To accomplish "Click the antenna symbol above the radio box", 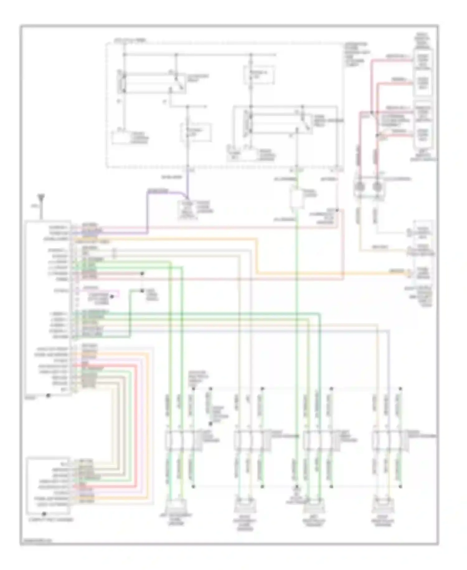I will coord(41,198).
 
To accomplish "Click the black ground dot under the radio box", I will coord(48,395).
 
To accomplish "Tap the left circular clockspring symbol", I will coord(360,186).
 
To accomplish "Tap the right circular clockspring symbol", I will coord(377,186).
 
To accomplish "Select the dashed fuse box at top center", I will coord(259,75).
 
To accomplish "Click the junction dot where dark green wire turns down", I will coord(142,291).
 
